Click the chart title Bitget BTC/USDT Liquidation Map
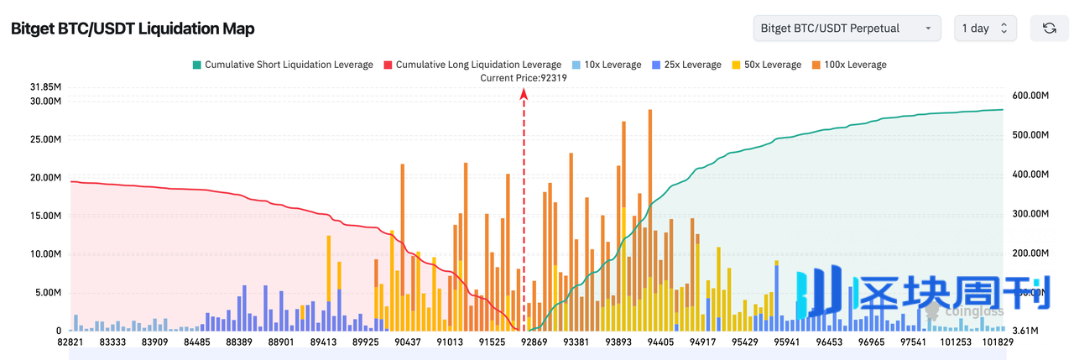pos(132,29)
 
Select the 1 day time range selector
pos(985,29)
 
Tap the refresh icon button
pos(1049,29)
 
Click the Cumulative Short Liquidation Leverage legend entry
pos(282,65)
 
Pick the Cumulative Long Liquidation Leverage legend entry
pos(472,65)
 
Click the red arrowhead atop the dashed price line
pos(524,94)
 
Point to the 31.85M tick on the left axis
pos(44,87)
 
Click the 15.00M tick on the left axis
pos(44,216)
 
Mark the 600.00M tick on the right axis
pos(1031,97)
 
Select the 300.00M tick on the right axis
pos(1031,214)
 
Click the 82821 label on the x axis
pos(70,342)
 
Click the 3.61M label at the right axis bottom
pos(1025,331)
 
